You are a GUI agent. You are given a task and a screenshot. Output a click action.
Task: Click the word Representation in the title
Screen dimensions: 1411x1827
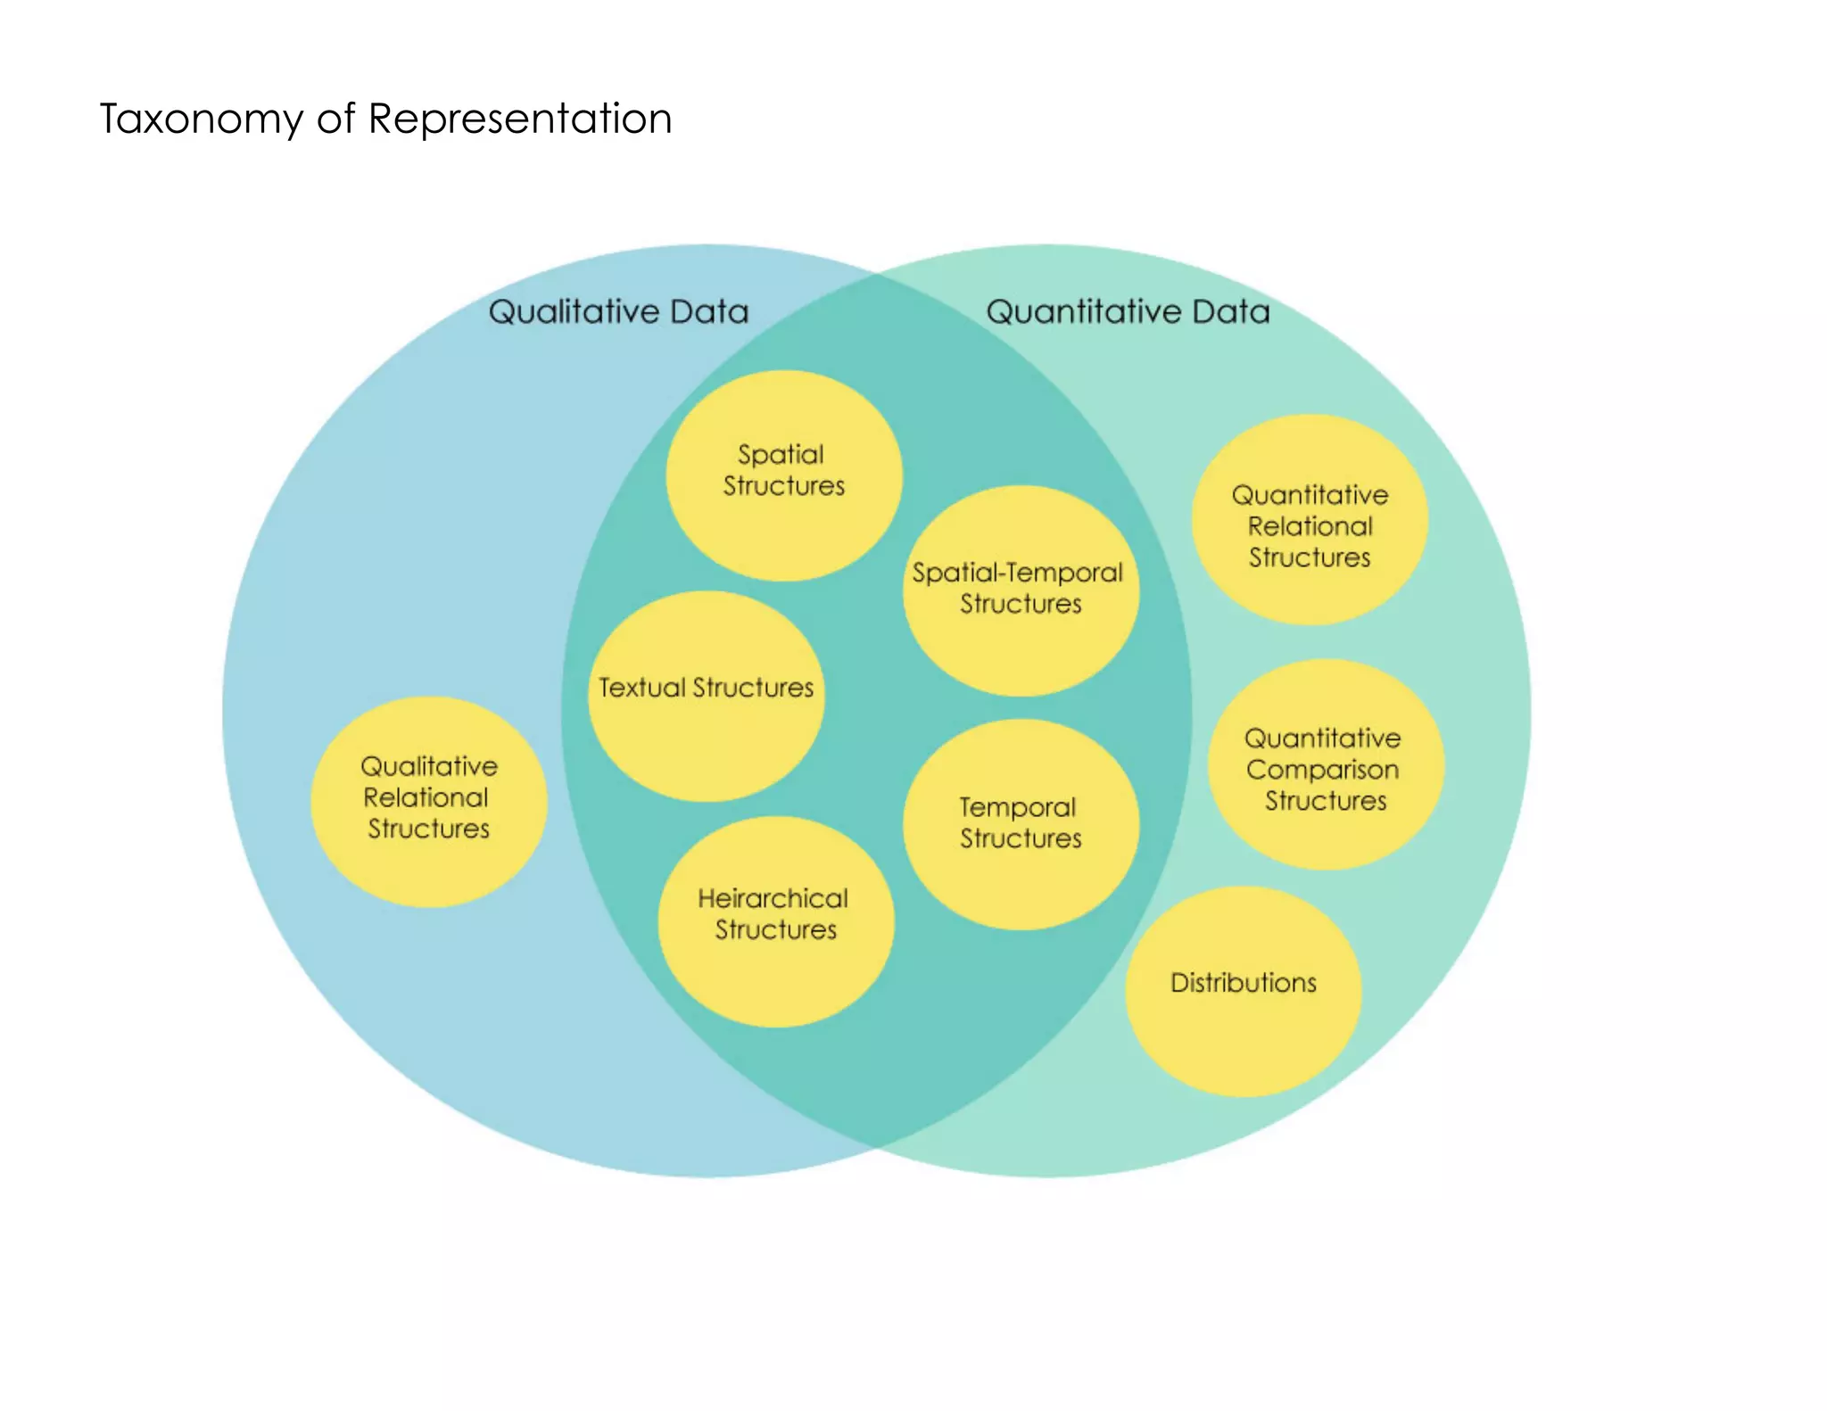pos(520,119)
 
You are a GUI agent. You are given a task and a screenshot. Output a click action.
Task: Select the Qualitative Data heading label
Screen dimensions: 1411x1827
pos(618,312)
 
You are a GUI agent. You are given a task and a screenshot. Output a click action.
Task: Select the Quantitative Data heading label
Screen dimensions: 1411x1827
pos(1128,312)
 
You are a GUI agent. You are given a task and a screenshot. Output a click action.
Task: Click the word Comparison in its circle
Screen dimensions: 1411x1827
pos(1322,770)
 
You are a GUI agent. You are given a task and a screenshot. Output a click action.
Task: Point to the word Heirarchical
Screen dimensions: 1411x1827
pos(773,899)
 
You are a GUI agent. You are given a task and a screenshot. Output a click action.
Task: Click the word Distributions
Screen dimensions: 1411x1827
pos(1243,983)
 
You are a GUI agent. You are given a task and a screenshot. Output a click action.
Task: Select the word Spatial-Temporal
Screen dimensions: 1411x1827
pos(1017,573)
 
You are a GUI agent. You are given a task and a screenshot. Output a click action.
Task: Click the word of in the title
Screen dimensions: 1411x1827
pos(335,120)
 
